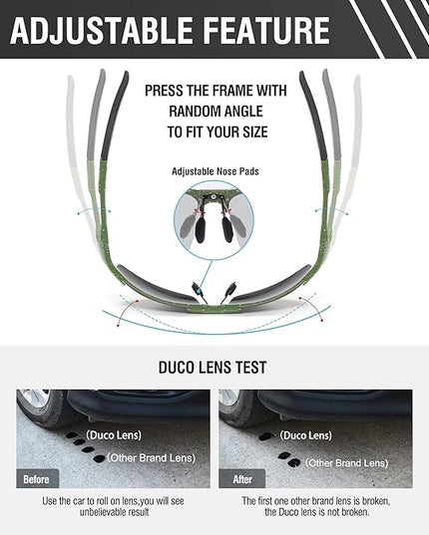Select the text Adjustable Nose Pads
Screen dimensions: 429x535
[x=215, y=171]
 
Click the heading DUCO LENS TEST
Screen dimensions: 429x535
[x=213, y=368]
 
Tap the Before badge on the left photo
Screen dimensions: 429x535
[x=37, y=478]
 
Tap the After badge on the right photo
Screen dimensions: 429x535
[x=241, y=478]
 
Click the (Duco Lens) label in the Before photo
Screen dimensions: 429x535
[x=114, y=435]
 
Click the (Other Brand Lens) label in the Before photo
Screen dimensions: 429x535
[x=152, y=458]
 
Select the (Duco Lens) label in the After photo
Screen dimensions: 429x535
[x=305, y=435]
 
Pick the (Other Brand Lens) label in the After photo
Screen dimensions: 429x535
[x=346, y=463]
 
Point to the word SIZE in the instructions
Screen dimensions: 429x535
[x=254, y=133]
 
